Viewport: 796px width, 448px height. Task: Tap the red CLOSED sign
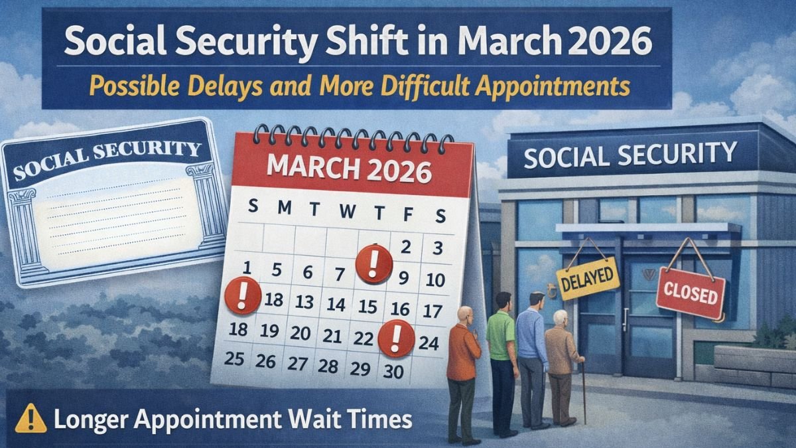tap(691, 293)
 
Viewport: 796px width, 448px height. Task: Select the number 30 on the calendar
tap(393, 372)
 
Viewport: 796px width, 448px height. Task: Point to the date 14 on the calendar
tap(336, 305)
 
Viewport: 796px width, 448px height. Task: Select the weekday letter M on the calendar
tap(284, 208)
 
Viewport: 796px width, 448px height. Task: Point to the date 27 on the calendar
tap(297, 364)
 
